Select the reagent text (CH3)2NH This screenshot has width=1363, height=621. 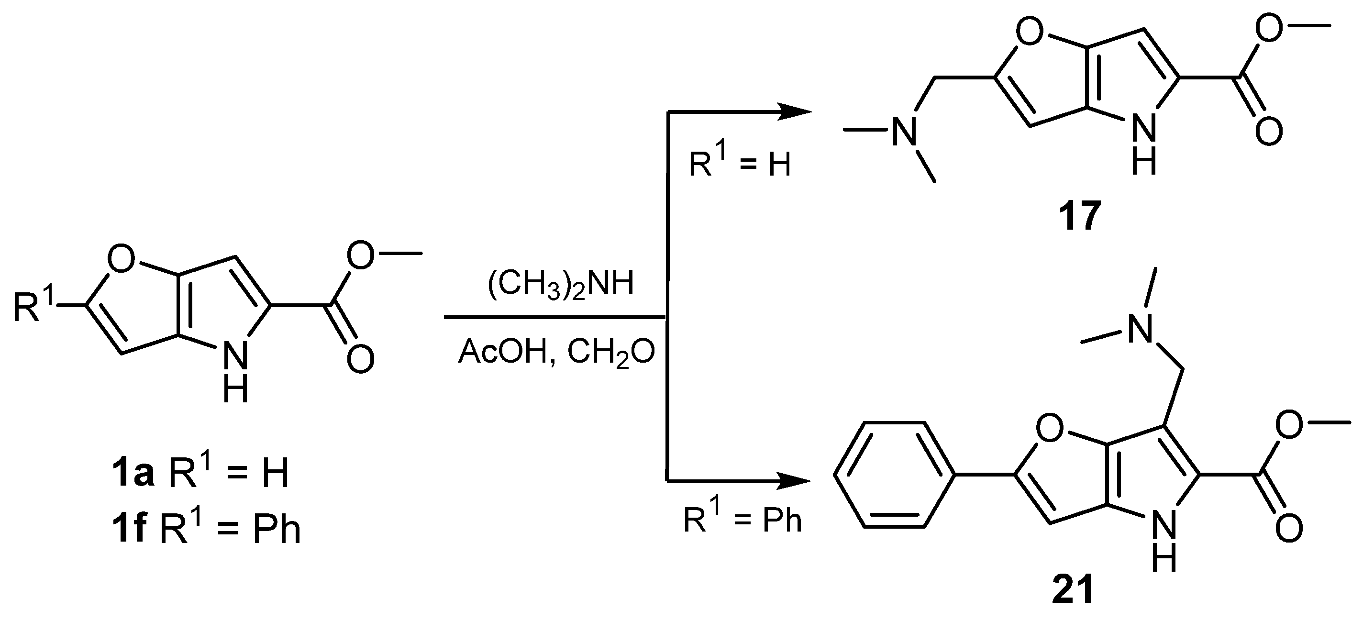tap(560, 284)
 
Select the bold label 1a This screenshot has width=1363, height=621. tap(132, 472)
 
